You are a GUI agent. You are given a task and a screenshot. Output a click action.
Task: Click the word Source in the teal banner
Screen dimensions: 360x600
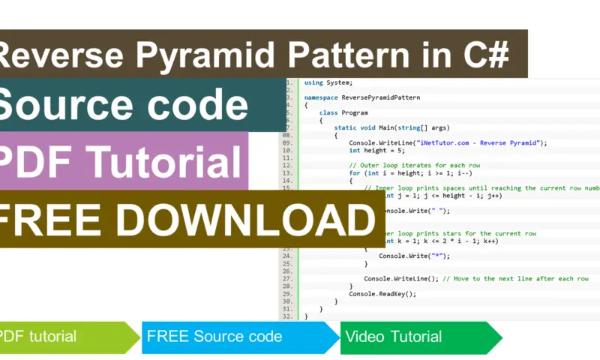(x=68, y=106)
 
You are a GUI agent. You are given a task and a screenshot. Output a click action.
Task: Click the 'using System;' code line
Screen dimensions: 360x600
(x=328, y=82)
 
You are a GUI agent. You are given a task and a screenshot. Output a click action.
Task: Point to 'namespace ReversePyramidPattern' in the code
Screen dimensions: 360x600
(x=361, y=97)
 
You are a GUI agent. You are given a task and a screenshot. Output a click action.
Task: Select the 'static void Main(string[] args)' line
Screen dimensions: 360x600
(x=388, y=127)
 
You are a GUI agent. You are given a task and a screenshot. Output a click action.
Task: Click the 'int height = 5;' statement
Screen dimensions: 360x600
(x=376, y=150)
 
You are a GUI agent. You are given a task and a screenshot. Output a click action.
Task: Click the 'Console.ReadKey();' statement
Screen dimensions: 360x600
(x=382, y=293)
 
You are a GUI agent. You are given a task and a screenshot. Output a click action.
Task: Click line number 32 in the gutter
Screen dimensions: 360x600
(x=286, y=316)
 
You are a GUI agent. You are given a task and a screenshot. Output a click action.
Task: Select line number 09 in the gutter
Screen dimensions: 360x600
(x=286, y=142)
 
